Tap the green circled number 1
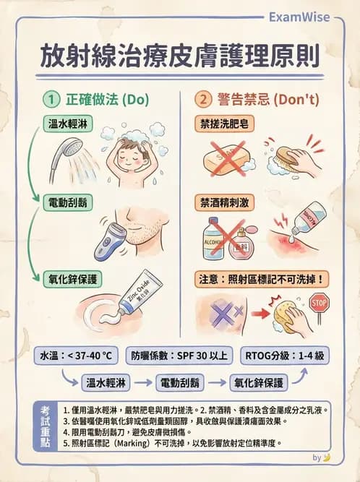pos(52,100)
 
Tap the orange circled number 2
pos(203,100)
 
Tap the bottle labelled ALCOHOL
pos(215,238)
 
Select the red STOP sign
pos(319,301)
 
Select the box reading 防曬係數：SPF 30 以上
pos(180,356)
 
